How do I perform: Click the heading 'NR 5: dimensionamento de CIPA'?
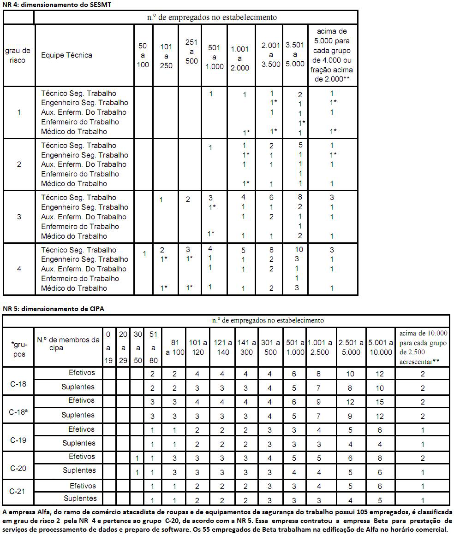tap(53, 309)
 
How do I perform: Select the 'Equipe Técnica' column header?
tap(66, 55)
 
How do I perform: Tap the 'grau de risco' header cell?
tap(18, 55)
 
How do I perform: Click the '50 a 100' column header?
tap(143, 55)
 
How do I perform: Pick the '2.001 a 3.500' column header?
tap(271, 55)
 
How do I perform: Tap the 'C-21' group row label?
tap(18, 492)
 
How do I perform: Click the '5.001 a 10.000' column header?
tap(380, 347)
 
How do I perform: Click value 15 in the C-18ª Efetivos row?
tap(380, 401)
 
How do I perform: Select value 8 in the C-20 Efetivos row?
tap(380, 457)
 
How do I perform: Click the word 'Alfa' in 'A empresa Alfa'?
tap(43, 512)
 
